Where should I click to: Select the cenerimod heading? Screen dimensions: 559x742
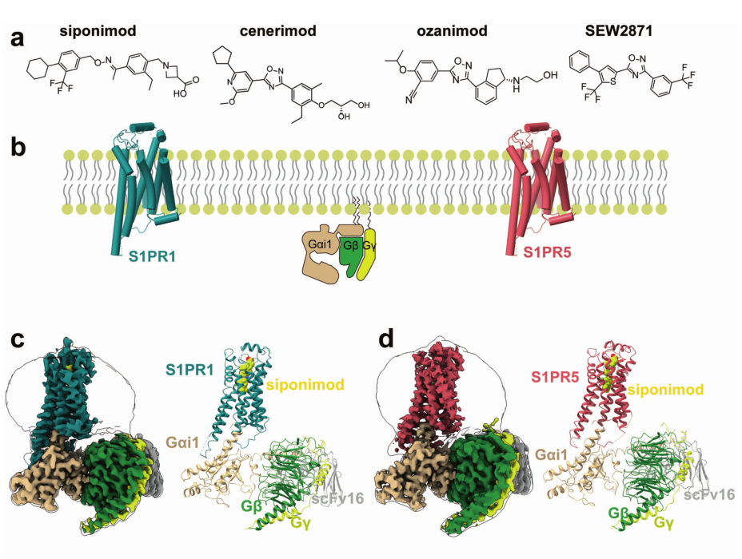[278, 30]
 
